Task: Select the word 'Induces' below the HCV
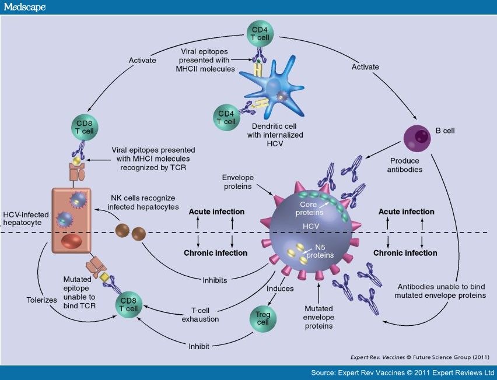coord(280,288)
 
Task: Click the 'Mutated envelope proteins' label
coord(318,317)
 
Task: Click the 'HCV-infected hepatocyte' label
coord(24,219)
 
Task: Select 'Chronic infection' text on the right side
coord(405,253)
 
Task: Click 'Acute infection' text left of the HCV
coord(216,211)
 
